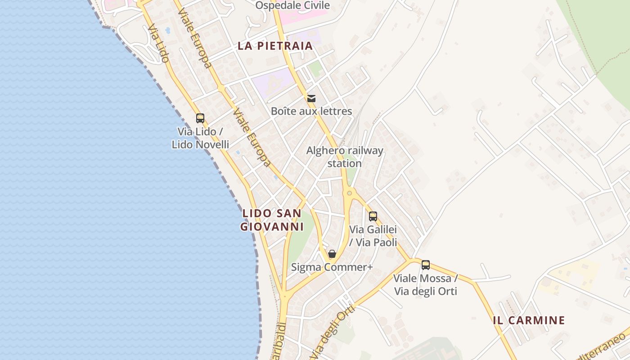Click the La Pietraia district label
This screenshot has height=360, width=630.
tap(275, 46)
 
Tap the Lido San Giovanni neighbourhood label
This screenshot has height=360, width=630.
tap(272, 220)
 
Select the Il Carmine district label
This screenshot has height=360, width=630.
tap(529, 320)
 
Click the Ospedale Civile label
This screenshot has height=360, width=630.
tap(292, 5)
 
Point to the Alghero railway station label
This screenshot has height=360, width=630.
tap(345, 157)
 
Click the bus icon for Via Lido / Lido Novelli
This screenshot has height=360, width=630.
tap(200, 118)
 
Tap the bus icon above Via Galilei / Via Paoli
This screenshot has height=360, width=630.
tap(373, 216)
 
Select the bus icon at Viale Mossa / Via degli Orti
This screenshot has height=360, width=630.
tap(425, 265)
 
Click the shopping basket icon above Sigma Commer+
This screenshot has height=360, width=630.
tap(332, 254)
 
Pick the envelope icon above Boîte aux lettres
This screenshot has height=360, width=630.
tap(311, 99)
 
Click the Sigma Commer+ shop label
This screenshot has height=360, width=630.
tap(332, 267)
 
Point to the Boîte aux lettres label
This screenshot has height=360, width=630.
tap(311, 111)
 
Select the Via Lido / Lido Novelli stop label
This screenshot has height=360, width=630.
tap(200, 138)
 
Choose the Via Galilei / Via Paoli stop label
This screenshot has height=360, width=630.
tap(373, 236)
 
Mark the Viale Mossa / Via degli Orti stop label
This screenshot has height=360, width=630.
tap(425, 285)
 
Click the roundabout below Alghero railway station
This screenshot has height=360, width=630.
tap(349, 193)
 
